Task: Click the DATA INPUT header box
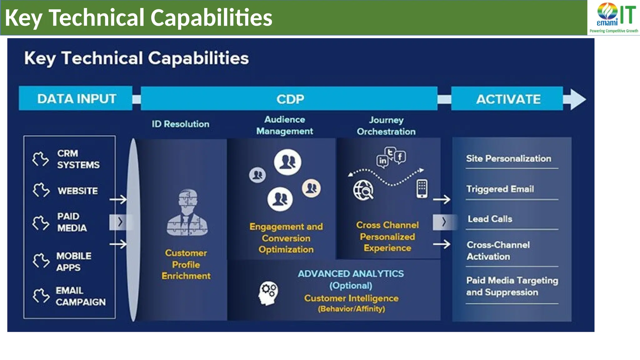click(76, 98)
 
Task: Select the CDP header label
click(290, 99)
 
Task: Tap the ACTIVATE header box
click(508, 99)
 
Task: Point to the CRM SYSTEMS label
click(78, 159)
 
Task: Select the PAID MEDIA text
click(72, 222)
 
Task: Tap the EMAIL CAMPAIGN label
click(80, 296)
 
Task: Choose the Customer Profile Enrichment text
click(186, 264)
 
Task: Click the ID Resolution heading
click(180, 124)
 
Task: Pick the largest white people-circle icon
click(287, 162)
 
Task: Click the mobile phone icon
click(422, 189)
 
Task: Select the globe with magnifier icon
click(363, 190)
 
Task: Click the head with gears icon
click(268, 293)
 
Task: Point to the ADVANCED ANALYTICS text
click(351, 274)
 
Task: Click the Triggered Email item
click(500, 189)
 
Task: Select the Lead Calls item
click(490, 219)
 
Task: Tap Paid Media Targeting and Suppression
click(512, 286)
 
